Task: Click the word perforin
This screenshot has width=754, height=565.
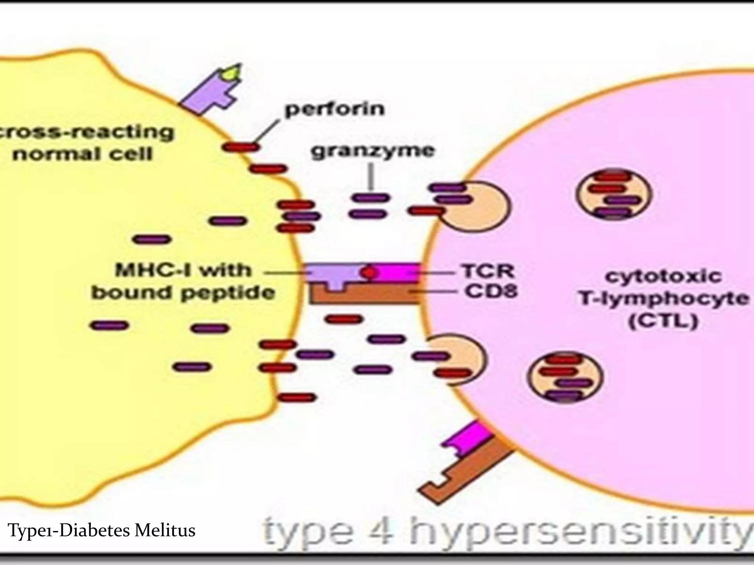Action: (x=335, y=110)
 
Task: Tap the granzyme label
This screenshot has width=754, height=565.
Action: (x=373, y=151)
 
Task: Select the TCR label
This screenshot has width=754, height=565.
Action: (x=488, y=272)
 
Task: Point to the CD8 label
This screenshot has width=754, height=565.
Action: (x=491, y=292)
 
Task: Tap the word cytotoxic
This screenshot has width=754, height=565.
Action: (x=663, y=276)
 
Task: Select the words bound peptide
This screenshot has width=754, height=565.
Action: (x=183, y=293)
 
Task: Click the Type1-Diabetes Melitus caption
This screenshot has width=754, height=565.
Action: (x=102, y=530)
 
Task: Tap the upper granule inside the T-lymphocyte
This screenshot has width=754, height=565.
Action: (x=614, y=194)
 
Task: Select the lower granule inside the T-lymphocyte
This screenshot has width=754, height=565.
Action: (x=565, y=377)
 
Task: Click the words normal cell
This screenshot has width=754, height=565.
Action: (x=82, y=154)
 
